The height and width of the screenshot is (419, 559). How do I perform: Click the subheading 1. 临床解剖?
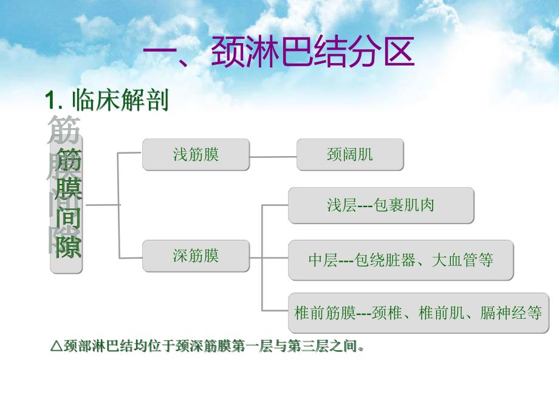pos(107,100)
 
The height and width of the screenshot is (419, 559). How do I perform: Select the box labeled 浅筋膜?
pos(196,154)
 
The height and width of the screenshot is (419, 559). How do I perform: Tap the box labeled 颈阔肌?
pos(349,154)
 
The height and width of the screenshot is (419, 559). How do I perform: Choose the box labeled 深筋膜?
pos(196,256)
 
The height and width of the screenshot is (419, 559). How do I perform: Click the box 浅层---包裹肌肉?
pos(380,205)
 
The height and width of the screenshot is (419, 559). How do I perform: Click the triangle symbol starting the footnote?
pos(55,348)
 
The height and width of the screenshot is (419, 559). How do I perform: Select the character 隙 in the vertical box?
pos(68,246)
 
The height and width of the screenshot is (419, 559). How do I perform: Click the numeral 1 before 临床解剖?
pos(52,100)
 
